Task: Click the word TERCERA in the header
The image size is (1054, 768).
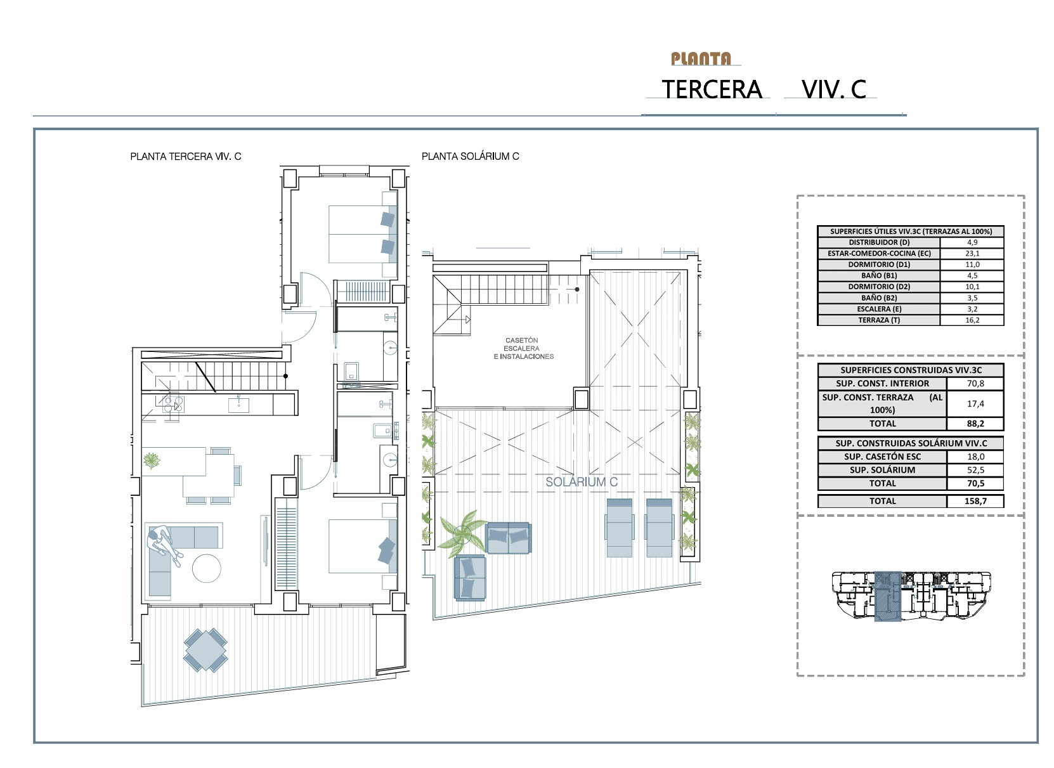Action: (x=712, y=89)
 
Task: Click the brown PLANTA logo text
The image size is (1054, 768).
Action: (x=701, y=59)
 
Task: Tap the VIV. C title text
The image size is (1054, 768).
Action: (x=834, y=89)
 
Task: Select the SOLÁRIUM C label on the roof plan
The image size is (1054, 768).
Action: (x=581, y=482)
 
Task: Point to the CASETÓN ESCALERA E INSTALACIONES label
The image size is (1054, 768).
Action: (x=523, y=348)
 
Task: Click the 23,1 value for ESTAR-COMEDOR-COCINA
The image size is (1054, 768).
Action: (x=972, y=253)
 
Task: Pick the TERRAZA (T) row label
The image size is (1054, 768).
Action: (x=879, y=320)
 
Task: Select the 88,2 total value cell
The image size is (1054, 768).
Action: (x=975, y=424)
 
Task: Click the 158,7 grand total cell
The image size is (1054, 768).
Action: (x=975, y=501)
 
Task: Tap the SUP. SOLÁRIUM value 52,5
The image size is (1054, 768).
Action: (x=975, y=470)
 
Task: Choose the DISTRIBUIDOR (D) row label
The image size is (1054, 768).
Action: (x=879, y=242)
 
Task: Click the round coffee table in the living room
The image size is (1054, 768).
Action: (x=207, y=568)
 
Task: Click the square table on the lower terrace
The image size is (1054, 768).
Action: (x=205, y=650)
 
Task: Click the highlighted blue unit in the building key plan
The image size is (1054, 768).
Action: (x=887, y=596)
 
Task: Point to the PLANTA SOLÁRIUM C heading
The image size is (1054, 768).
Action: (x=470, y=156)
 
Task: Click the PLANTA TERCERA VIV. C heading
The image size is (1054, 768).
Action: (x=185, y=156)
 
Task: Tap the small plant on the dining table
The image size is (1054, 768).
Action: (x=152, y=460)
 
